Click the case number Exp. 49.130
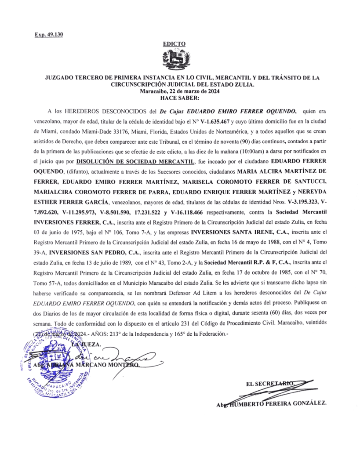[48, 35]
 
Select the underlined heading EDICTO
[174, 44]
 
